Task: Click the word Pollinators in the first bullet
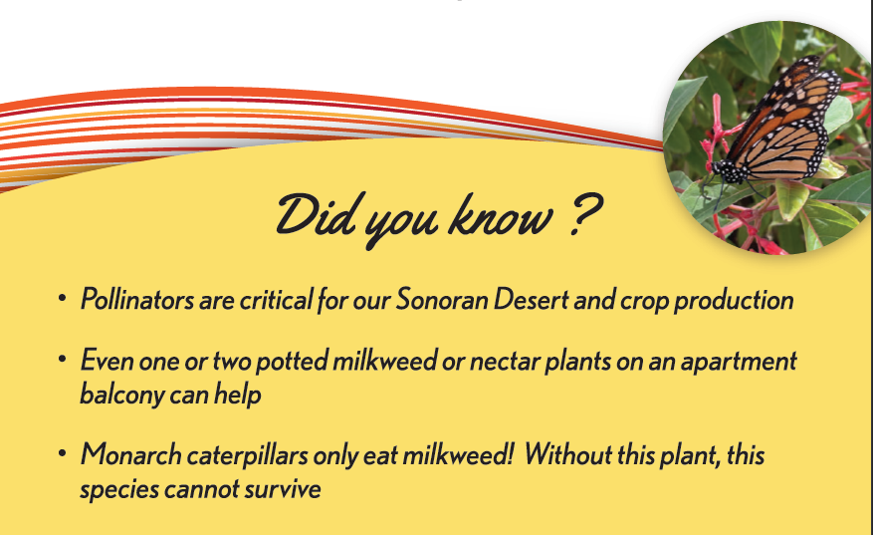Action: click(137, 299)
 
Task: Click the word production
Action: click(734, 301)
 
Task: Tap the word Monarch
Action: click(130, 454)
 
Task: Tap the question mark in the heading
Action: click(585, 215)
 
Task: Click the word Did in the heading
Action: click(316, 214)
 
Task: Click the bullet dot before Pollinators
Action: click(63, 298)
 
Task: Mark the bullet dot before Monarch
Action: click(63, 452)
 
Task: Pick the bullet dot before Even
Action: click(63, 359)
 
